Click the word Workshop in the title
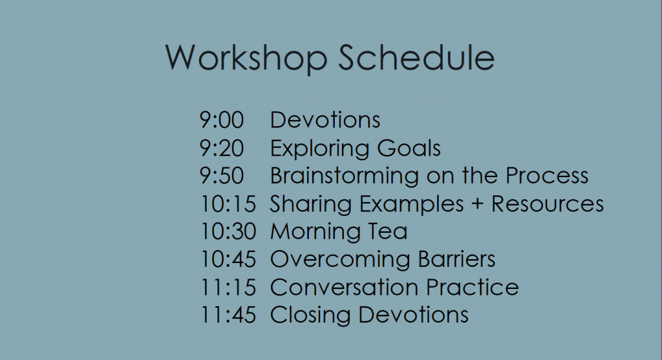[x=246, y=58]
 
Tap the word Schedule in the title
[x=416, y=57]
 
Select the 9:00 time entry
[x=222, y=120]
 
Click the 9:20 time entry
[x=222, y=148]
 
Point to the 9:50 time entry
[x=222, y=176]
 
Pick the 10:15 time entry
[x=228, y=204]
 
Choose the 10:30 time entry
[x=228, y=231]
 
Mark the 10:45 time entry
[x=228, y=259]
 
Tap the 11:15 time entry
[x=228, y=288]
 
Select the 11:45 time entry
[x=228, y=315]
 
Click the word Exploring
[x=320, y=149]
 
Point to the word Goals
[x=409, y=148]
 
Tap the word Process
[x=547, y=176]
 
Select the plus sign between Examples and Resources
[x=477, y=204]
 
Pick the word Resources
[x=547, y=204]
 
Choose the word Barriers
[x=457, y=259]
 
